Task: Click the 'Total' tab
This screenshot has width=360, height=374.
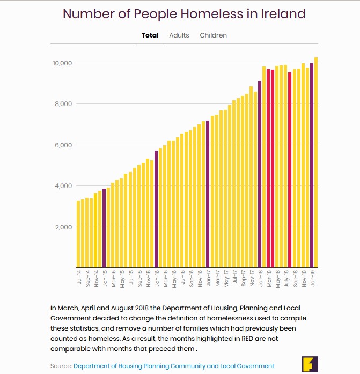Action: pos(150,35)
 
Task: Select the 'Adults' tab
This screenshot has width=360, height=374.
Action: pos(179,35)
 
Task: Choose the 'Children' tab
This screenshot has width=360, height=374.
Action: pos(214,35)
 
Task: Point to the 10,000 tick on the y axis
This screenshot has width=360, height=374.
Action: pos(63,63)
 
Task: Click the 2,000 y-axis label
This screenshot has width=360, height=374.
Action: pos(63,227)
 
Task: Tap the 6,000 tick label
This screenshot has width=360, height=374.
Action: pos(63,145)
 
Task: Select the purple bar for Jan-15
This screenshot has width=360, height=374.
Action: pos(104,228)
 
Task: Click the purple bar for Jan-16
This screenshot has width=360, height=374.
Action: pos(156,209)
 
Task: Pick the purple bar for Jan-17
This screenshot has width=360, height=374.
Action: pos(208,193)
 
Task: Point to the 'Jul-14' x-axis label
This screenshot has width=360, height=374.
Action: pos(79,278)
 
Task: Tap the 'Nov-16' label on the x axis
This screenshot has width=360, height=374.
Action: pos(200,279)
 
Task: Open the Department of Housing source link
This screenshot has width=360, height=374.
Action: pos(174,366)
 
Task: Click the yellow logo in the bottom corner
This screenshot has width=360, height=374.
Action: pos(310,363)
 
